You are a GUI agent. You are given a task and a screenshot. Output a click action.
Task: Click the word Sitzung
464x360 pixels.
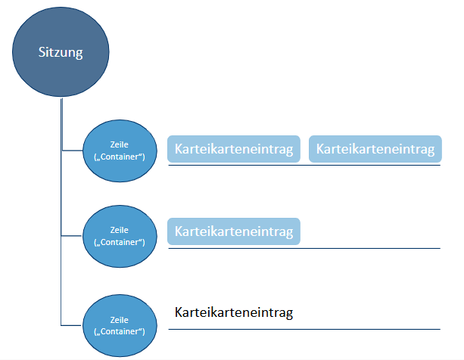click(x=61, y=52)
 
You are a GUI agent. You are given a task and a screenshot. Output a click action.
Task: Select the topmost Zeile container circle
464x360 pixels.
click(x=119, y=150)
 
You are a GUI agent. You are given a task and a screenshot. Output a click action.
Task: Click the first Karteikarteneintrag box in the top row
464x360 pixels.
click(x=234, y=149)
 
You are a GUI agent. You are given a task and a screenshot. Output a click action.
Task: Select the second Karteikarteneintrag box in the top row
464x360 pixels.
click(x=375, y=149)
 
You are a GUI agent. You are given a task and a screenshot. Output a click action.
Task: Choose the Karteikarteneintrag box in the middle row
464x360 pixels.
click(x=234, y=231)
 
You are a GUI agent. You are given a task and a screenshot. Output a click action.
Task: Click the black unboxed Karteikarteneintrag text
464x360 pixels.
click(x=234, y=312)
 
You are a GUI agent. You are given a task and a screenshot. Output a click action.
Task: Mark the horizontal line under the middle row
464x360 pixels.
click(x=303, y=247)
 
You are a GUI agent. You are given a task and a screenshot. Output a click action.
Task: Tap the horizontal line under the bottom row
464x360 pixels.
click(x=303, y=329)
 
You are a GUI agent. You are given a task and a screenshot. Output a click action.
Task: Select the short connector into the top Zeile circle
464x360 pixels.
click(x=71, y=151)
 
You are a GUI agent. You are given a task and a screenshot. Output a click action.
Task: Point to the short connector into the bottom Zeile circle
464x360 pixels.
click(x=71, y=325)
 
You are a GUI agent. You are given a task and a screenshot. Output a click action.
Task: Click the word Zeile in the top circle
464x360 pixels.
click(x=119, y=144)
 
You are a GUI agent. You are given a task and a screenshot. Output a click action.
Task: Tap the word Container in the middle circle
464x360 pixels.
click(x=120, y=243)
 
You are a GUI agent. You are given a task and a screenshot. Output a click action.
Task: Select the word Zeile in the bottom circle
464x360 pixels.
click(x=119, y=319)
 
